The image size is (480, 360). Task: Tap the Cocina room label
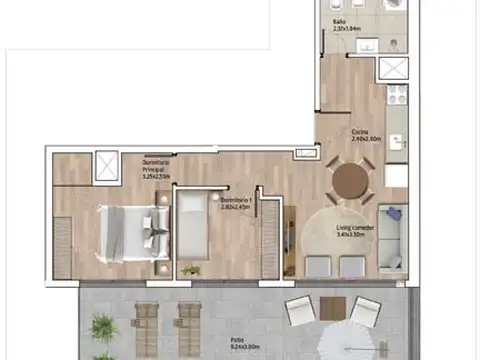362,136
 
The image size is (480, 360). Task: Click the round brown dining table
351,181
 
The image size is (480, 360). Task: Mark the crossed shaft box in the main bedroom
104,165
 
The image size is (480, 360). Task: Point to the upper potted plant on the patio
101,325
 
